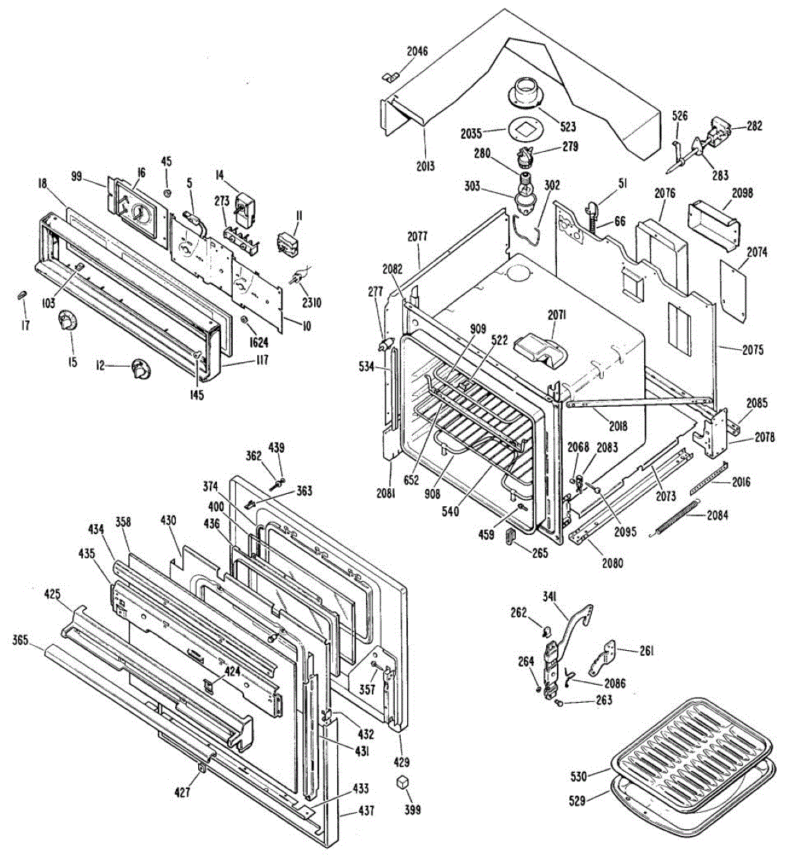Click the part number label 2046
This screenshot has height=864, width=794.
417,50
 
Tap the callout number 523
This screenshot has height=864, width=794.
568,127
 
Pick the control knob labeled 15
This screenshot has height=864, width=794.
68,320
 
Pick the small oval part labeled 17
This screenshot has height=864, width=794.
22,296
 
